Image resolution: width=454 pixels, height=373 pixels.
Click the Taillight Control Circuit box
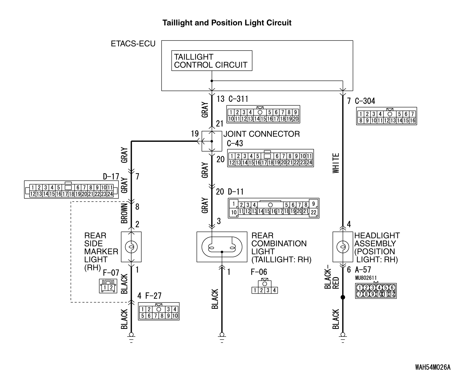click(211, 61)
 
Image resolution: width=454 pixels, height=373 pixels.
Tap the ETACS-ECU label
click(133, 44)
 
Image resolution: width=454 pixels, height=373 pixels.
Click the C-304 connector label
click(365, 101)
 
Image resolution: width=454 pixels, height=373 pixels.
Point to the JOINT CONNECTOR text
click(262, 134)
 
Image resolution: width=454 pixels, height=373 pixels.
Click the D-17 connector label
click(111, 177)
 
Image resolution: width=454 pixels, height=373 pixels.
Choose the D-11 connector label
click(236, 192)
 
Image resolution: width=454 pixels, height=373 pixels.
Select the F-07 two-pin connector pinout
click(106, 286)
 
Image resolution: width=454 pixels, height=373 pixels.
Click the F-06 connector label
click(259, 272)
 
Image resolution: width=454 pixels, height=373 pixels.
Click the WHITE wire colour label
click(336, 163)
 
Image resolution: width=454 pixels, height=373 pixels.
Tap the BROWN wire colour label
click(124, 213)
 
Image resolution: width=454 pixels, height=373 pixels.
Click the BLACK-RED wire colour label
click(332, 278)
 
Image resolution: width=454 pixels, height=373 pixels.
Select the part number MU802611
click(366, 278)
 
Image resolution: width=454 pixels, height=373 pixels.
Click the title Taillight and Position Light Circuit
click(227, 23)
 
